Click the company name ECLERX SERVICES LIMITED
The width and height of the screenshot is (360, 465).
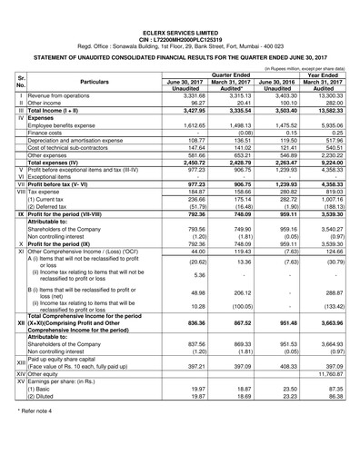[x=179, y=7]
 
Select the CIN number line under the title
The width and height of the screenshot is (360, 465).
[x=179, y=15]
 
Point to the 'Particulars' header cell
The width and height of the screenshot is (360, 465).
[x=83, y=82]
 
